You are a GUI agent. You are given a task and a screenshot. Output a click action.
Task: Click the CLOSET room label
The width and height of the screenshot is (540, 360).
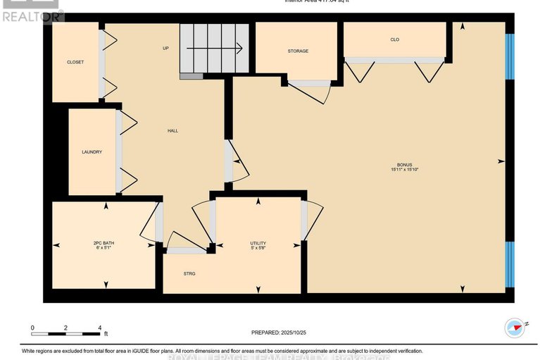(75, 62)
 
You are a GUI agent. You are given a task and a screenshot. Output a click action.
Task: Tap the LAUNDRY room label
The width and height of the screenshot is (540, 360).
(92, 151)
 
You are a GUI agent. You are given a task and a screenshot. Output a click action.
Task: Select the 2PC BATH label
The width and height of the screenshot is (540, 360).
(103, 243)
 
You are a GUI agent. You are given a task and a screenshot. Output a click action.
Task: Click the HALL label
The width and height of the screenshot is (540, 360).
(172, 131)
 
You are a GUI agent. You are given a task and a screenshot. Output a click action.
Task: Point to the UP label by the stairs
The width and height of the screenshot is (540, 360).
(166, 49)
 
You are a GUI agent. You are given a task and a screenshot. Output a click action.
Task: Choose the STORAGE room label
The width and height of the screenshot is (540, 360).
(298, 51)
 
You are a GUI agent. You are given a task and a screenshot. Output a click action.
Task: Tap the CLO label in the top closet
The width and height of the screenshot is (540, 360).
(395, 39)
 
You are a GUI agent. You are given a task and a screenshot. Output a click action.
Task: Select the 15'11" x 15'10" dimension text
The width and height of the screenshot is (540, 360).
(405, 170)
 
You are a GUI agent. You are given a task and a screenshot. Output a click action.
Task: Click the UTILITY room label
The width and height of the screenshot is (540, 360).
(258, 243)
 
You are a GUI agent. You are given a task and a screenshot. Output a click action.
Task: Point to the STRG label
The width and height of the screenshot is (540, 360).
(189, 273)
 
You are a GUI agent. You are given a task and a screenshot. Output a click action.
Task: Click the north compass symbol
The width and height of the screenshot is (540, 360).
(515, 327)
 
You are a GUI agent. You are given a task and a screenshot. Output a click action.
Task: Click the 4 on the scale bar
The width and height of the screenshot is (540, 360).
(100, 328)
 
